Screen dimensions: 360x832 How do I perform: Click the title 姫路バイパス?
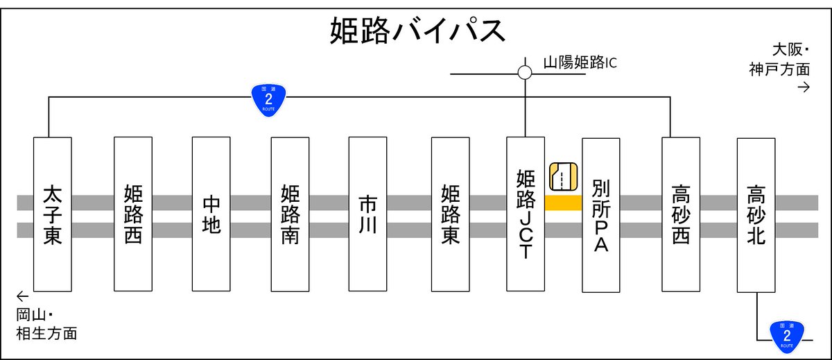(416, 31)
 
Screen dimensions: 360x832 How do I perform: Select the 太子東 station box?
(53, 214)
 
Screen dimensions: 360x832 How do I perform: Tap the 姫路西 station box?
(133, 214)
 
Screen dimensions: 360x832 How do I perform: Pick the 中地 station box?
(211, 214)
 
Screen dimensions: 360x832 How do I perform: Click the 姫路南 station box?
(290, 214)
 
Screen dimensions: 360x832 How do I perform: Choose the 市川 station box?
(367, 214)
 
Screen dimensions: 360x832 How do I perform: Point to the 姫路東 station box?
(451, 214)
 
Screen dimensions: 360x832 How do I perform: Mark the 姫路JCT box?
(526, 214)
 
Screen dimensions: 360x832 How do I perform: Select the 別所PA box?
(600, 214)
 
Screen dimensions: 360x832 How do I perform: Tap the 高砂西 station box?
(681, 214)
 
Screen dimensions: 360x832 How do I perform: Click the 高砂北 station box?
(756, 214)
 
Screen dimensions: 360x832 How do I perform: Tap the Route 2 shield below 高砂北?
(786, 334)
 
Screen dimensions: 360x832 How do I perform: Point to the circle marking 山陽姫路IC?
(525, 72)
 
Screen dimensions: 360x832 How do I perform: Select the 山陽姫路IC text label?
(580, 63)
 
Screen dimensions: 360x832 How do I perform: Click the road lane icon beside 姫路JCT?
(563, 176)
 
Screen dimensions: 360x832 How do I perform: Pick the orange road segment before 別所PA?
(563, 203)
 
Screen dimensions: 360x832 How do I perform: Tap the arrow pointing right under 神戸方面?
(804, 87)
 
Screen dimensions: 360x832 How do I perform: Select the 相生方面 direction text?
(46, 334)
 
